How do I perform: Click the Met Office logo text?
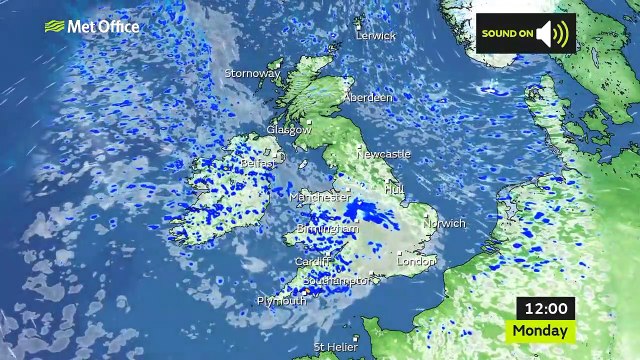point(103,26)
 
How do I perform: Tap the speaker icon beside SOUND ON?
point(553,34)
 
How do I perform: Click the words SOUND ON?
point(507,34)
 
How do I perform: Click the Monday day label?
point(542,330)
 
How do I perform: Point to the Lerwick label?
point(376,36)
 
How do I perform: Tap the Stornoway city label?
point(252,73)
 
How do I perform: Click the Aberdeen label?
point(368,98)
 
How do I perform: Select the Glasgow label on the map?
point(289,130)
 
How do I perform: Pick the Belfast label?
point(257,162)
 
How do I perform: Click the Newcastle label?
point(384,154)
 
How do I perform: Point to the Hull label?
point(395,188)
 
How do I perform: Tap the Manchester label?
point(320,198)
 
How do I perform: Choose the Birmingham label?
point(327,230)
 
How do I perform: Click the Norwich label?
point(445,224)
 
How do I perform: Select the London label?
point(416,261)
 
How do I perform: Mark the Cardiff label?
point(312,262)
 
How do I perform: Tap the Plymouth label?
point(281,301)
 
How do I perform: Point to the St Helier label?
point(334,347)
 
